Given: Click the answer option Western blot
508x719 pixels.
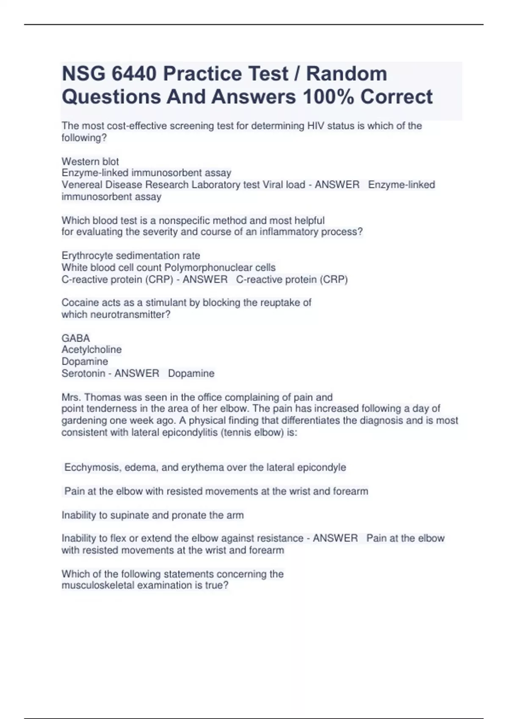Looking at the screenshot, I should point(90,162).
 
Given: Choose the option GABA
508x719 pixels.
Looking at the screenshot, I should point(76,338).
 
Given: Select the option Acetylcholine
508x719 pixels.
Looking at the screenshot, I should point(91,350).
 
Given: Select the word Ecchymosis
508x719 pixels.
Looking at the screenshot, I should point(91,467).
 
